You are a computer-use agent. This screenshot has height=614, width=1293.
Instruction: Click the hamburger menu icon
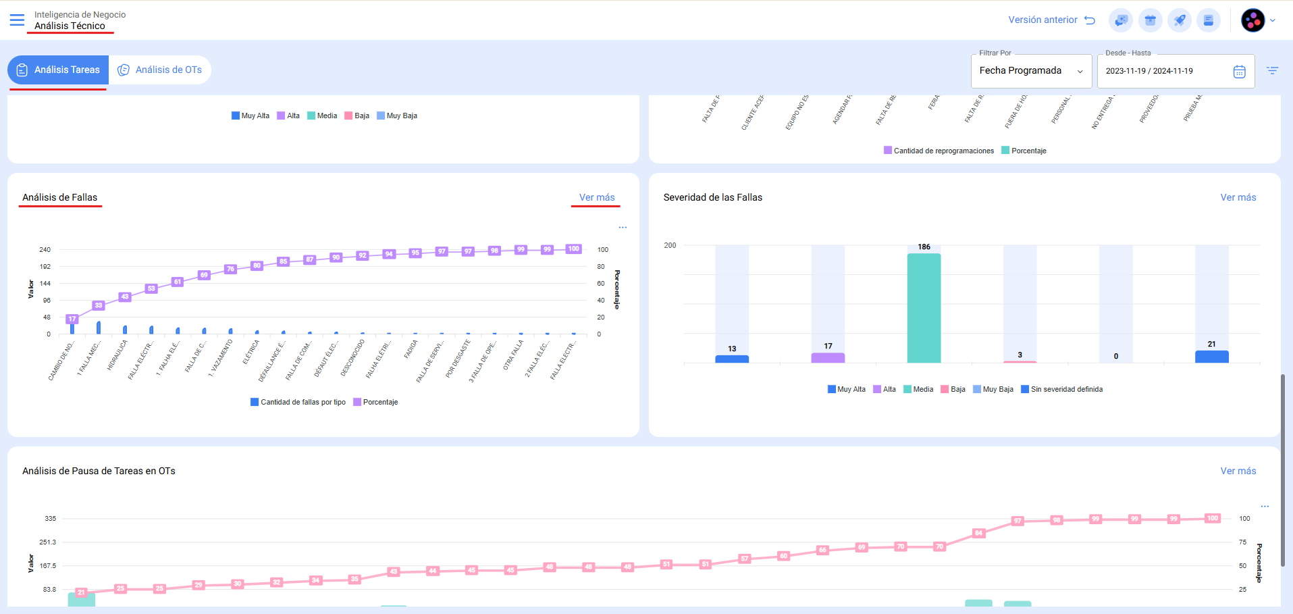17,20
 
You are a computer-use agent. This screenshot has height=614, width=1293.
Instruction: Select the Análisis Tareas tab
59,70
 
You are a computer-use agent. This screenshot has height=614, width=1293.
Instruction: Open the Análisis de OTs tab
160,70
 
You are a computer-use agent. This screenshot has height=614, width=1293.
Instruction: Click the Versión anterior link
1051,20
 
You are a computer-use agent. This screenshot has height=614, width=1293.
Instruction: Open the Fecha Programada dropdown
1030,71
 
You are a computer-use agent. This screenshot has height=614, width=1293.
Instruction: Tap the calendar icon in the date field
1239,72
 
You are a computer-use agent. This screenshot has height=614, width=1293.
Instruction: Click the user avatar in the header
1252,20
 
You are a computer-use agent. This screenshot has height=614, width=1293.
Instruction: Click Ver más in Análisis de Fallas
597,197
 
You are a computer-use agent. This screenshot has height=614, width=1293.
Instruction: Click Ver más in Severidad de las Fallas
1238,197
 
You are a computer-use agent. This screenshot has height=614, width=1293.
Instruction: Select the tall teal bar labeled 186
924,307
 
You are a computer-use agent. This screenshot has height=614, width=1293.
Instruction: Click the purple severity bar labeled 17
828,357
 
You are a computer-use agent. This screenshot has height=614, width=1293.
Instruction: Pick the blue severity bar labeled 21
1211,357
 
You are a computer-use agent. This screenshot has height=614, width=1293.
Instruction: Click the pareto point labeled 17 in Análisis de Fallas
72,319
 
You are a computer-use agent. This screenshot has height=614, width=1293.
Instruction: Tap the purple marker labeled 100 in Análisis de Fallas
573,249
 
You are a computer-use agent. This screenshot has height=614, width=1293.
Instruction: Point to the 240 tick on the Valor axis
45,250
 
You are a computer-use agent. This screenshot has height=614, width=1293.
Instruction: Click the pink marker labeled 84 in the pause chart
978,534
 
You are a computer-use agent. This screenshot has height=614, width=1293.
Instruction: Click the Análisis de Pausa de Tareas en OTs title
99,471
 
